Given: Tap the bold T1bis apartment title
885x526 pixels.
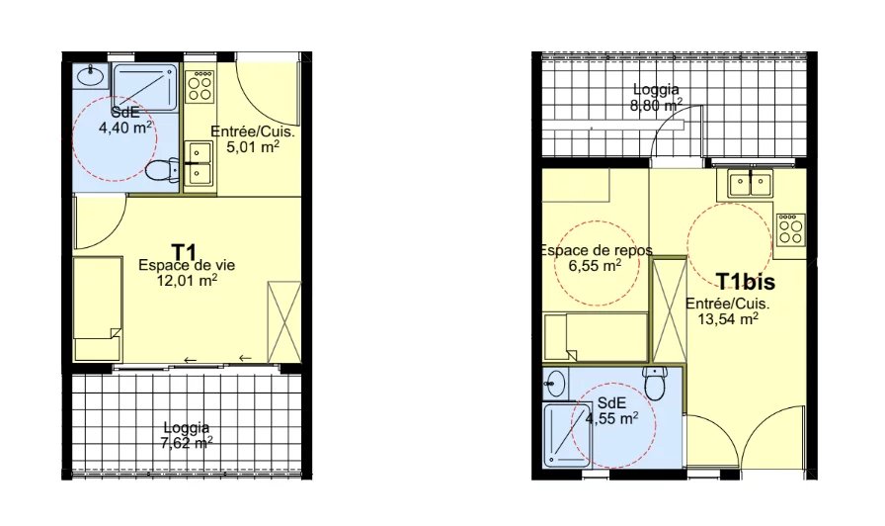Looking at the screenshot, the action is tap(745, 282).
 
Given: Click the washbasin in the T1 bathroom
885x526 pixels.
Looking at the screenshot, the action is tap(92, 75).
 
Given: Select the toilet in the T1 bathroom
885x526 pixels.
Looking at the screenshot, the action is tap(162, 169).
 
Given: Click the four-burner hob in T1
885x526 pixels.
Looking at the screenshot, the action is tap(200, 86).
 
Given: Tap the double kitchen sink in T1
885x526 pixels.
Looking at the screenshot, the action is tap(200, 164).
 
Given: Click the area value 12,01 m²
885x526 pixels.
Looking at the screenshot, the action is tap(189, 280).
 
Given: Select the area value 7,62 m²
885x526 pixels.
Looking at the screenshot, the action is tap(187, 442).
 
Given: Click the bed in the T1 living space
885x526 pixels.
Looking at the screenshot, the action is tap(98, 308).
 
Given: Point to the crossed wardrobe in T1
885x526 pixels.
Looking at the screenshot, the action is tap(283, 321).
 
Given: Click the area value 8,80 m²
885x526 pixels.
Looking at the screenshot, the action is tap(656, 105).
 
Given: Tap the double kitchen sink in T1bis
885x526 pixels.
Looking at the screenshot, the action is tap(750, 183).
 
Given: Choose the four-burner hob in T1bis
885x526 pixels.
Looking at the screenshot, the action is tap(791, 229).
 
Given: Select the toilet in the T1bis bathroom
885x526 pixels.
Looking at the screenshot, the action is tap(656, 383).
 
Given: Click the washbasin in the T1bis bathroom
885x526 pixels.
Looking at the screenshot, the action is tap(554, 385).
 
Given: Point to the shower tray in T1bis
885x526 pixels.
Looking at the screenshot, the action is tap(567, 434).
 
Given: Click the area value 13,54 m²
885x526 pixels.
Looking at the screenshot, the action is tap(728, 319).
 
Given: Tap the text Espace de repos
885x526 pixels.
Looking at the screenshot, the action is tap(596, 250).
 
